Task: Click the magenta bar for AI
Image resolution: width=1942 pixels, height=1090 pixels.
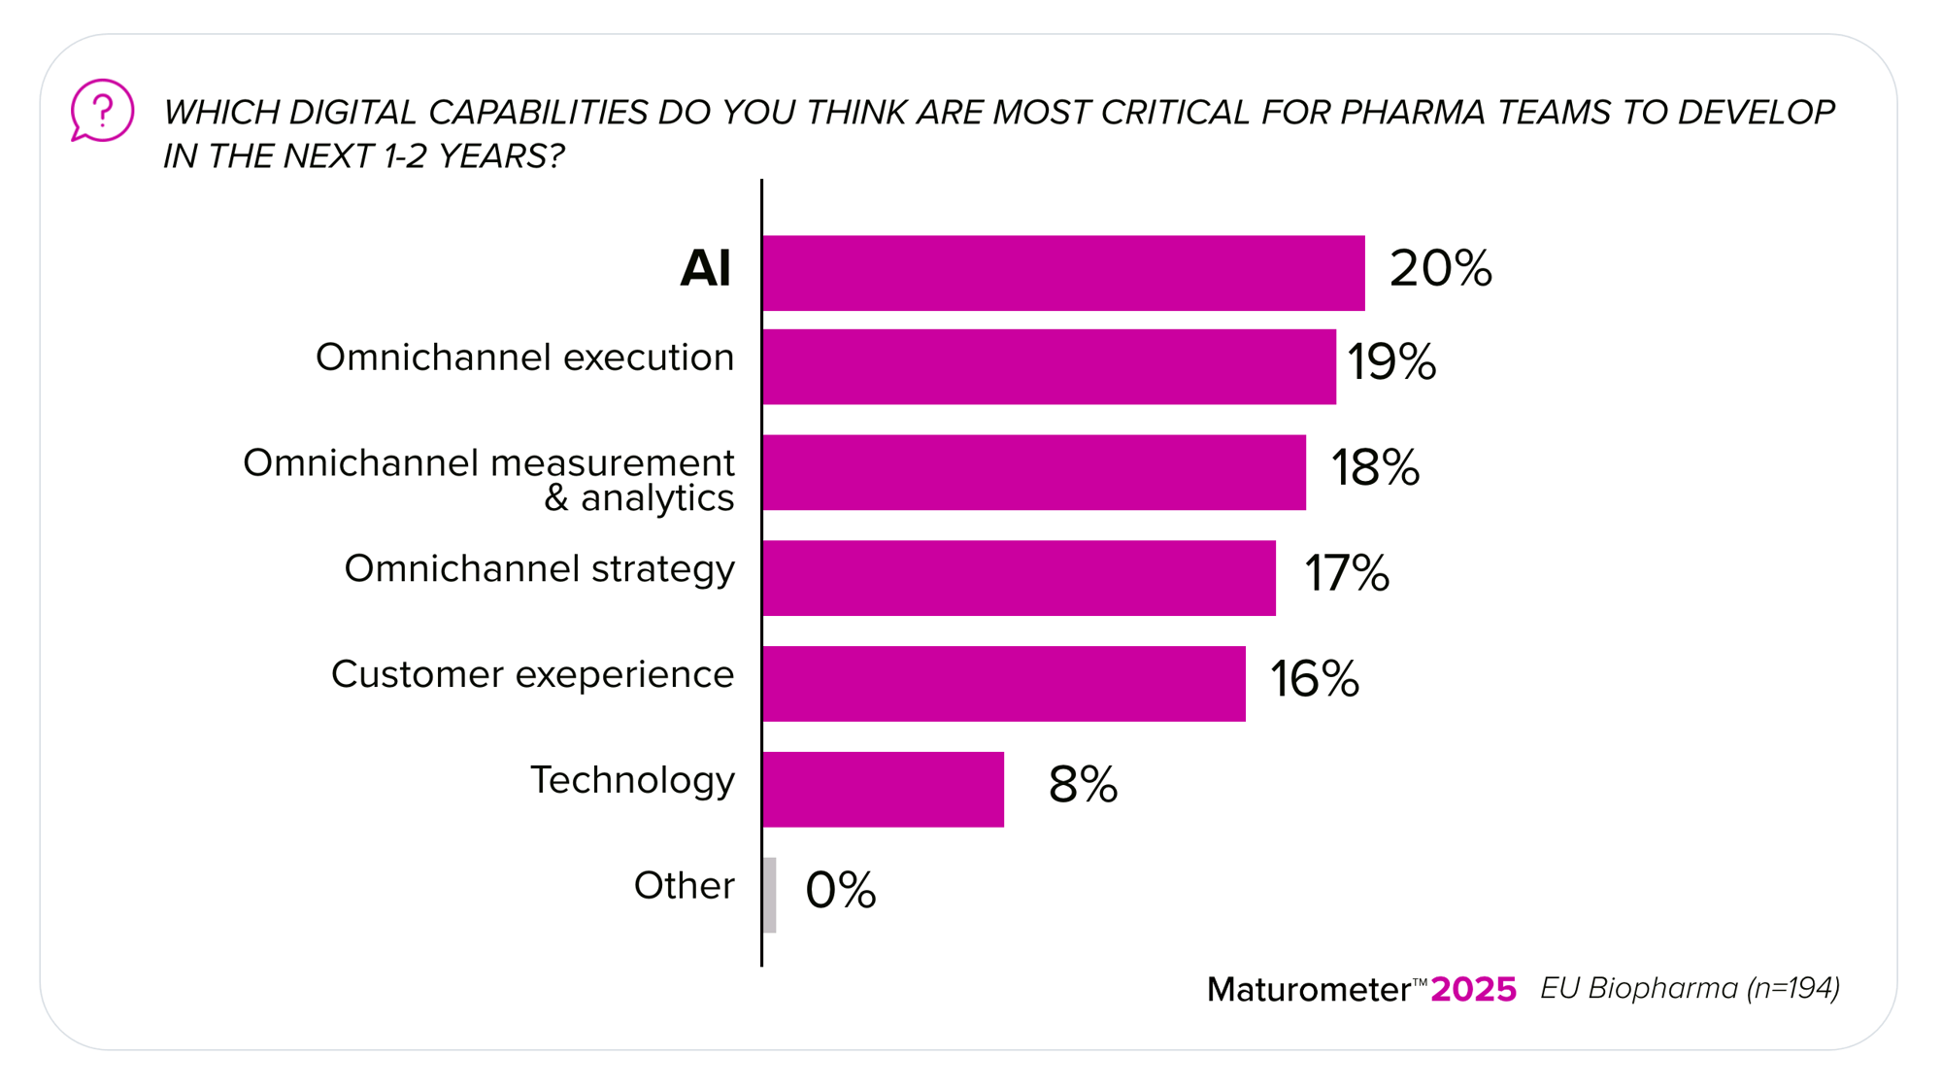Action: [x=1063, y=273]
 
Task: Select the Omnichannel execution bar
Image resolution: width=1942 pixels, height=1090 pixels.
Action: [x=1049, y=366]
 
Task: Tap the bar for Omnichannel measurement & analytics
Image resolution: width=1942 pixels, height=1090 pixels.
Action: [x=1034, y=472]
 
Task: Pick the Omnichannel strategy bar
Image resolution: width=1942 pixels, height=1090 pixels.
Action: [x=1019, y=578]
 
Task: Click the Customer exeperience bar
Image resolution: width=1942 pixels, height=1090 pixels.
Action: [x=1004, y=684]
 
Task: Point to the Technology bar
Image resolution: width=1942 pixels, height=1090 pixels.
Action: [x=883, y=789]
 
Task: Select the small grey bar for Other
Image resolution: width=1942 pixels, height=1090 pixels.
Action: [x=770, y=895]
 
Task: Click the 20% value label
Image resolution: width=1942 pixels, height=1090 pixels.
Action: [x=1440, y=268]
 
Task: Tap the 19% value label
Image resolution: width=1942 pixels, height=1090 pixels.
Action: [x=1391, y=361]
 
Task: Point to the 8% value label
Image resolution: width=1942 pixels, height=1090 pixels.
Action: [x=1083, y=784]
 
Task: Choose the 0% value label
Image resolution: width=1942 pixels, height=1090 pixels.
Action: [x=841, y=890]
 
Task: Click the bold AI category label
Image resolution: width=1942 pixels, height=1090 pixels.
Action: [x=705, y=268]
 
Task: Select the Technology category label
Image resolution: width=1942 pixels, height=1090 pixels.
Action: [x=632, y=781]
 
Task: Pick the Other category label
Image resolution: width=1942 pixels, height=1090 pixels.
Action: [x=684, y=886]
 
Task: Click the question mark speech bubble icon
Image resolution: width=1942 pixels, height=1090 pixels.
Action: [x=102, y=110]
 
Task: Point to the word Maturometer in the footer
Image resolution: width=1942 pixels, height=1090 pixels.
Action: [x=1308, y=990]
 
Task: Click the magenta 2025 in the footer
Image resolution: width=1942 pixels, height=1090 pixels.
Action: [x=1473, y=989]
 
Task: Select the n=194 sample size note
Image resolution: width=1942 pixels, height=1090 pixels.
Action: [x=1792, y=988]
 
